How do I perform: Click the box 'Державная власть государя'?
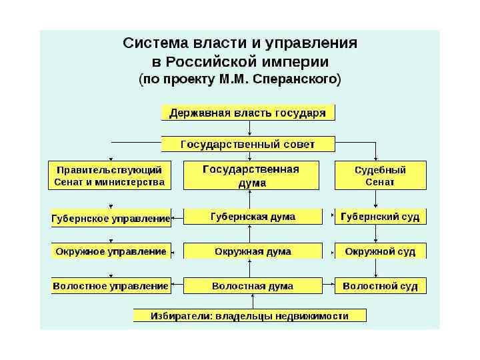pos(248,113)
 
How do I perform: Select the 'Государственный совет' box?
pos(248,144)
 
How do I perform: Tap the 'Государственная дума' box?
pos(251,175)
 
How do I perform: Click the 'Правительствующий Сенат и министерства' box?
pos(109,175)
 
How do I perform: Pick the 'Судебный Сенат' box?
pos(380,175)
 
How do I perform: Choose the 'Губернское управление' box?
pos(111,218)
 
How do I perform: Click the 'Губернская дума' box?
pos(253,217)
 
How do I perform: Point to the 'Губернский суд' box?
pos(380,217)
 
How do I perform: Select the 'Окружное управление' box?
pos(111,251)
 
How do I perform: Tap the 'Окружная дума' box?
pos(253,251)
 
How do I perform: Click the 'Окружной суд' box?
pos(380,251)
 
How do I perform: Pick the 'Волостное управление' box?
pos(111,286)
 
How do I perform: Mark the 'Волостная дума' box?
pos(253,286)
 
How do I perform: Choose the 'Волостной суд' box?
pos(380,286)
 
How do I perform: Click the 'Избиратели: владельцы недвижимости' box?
pos(249,315)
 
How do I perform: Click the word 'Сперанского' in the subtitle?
pos(303,80)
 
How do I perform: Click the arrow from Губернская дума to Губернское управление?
pos(177,217)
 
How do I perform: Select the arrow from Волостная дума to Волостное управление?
pos(177,287)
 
